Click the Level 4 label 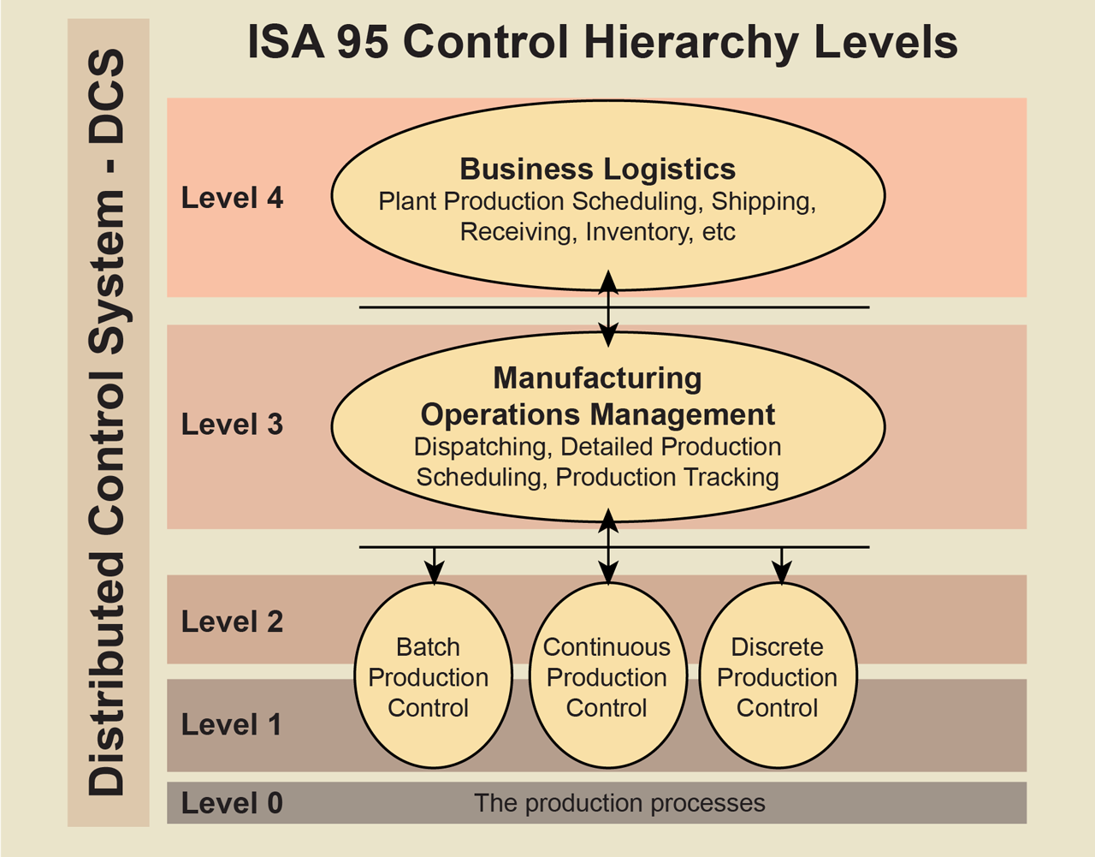click(x=232, y=198)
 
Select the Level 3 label click(x=232, y=424)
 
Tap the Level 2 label click(x=232, y=622)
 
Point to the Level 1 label click(x=231, y=724)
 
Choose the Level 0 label click(x=232, y=803)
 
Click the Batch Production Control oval click(x=433, y=676)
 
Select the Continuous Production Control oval click(x=607, y=676)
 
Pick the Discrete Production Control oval click(x=778, y=676)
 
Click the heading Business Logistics click(x=597, y=169)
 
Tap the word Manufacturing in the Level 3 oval click(x=597, y=378)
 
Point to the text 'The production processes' click(x=619, y=803)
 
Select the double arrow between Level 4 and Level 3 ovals click(x=608, y=308)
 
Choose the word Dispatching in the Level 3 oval click(x=483, y=447)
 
